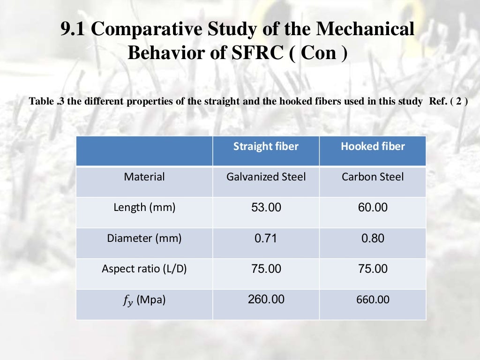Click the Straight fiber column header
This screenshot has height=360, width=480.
coord(266,146)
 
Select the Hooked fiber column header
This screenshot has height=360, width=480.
coord(373,146)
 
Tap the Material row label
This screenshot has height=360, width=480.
coord(144,177)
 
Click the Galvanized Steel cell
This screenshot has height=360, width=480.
coord(266,177)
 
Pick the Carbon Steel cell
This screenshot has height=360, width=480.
coord(373,177)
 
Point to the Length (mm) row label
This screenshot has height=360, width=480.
coord(144,207)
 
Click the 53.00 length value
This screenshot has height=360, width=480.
coord(266,207)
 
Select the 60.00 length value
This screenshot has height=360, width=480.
coord(373,207)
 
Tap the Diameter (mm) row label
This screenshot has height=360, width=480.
coord(144,238)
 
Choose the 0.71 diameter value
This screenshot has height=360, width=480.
coord(266,238)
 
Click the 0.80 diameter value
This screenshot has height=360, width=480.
coord(373,238)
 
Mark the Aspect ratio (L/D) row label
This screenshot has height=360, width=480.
coord(144,269)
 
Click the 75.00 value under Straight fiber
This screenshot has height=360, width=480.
coord(266,269)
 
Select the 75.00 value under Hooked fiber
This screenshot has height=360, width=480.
coord(373,269)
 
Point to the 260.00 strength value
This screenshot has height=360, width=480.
coord(266,299)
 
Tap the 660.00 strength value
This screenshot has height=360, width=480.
coord(373,300)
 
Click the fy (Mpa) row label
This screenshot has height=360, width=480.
coord(144,300)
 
